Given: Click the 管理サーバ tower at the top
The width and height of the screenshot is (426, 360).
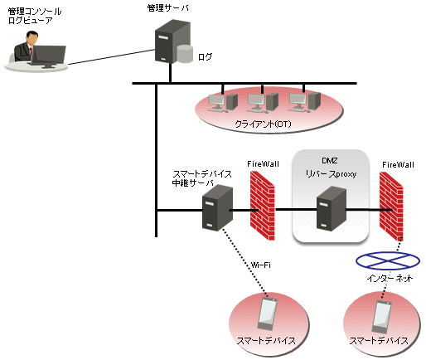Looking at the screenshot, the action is (x=172, y=41).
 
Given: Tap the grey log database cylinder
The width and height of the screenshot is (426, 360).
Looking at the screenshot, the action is (x=185, y=54).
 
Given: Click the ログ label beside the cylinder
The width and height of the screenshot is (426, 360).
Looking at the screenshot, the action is (x=205, y=57).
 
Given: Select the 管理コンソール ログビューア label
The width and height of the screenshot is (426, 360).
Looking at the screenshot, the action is (x=35, y=16).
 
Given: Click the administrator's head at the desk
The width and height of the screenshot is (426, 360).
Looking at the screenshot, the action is (x=32, y=38).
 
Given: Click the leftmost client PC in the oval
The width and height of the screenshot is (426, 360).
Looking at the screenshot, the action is (x=223, y=103).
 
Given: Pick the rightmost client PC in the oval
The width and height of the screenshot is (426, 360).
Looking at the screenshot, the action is (x=304, y=102).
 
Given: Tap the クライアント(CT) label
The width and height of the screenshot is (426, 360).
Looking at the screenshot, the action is (x=263, y=124).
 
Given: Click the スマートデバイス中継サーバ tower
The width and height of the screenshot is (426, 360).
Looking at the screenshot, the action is (x=217, y=208).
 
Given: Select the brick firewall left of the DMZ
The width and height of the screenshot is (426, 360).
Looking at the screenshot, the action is (x=263, y=206).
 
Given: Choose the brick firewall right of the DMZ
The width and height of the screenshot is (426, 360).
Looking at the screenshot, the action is (x=391, y=206).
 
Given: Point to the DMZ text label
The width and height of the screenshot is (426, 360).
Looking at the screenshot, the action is (x=330, y=161).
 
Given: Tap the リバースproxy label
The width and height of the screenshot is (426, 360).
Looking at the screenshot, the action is (x=331, y=174).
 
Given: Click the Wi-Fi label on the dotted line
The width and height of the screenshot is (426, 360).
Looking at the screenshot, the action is (x=261, y=265).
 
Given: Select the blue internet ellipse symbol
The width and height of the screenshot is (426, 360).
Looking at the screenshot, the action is (x=388, y=260).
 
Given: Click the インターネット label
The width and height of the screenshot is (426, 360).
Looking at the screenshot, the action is (x=390, y=278).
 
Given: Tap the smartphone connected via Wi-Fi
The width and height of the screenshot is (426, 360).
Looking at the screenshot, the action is (x=267, y=314).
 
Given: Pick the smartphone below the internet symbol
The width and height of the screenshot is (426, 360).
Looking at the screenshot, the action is (x=381, y=317).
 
